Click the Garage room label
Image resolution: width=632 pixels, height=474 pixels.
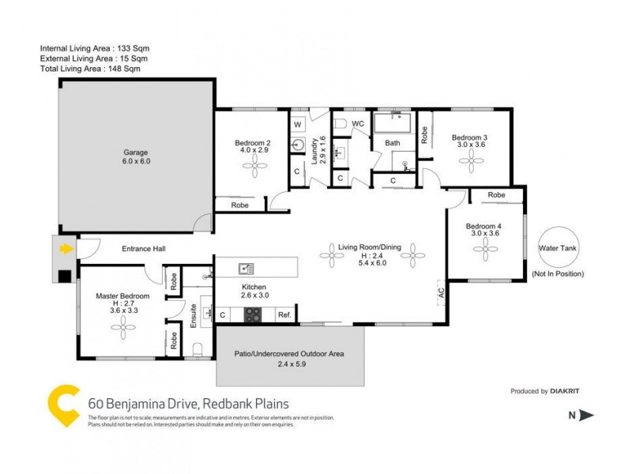coord(135,152)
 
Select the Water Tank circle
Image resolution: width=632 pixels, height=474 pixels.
coord(558,248)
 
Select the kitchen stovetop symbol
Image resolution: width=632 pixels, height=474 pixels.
coord(252,314)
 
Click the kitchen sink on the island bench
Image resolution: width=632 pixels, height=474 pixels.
coord(246,269)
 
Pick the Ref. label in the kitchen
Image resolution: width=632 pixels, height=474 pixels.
coord(284,315)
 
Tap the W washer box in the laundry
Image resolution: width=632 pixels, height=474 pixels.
coord(298,125)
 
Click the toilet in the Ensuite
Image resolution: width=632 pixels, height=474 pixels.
coord(198,349)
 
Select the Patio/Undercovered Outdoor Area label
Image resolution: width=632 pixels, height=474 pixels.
coord(289,354)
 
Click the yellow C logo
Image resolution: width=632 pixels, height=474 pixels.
coord(62,404)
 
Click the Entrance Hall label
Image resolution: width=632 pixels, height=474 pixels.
coord(143,249)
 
